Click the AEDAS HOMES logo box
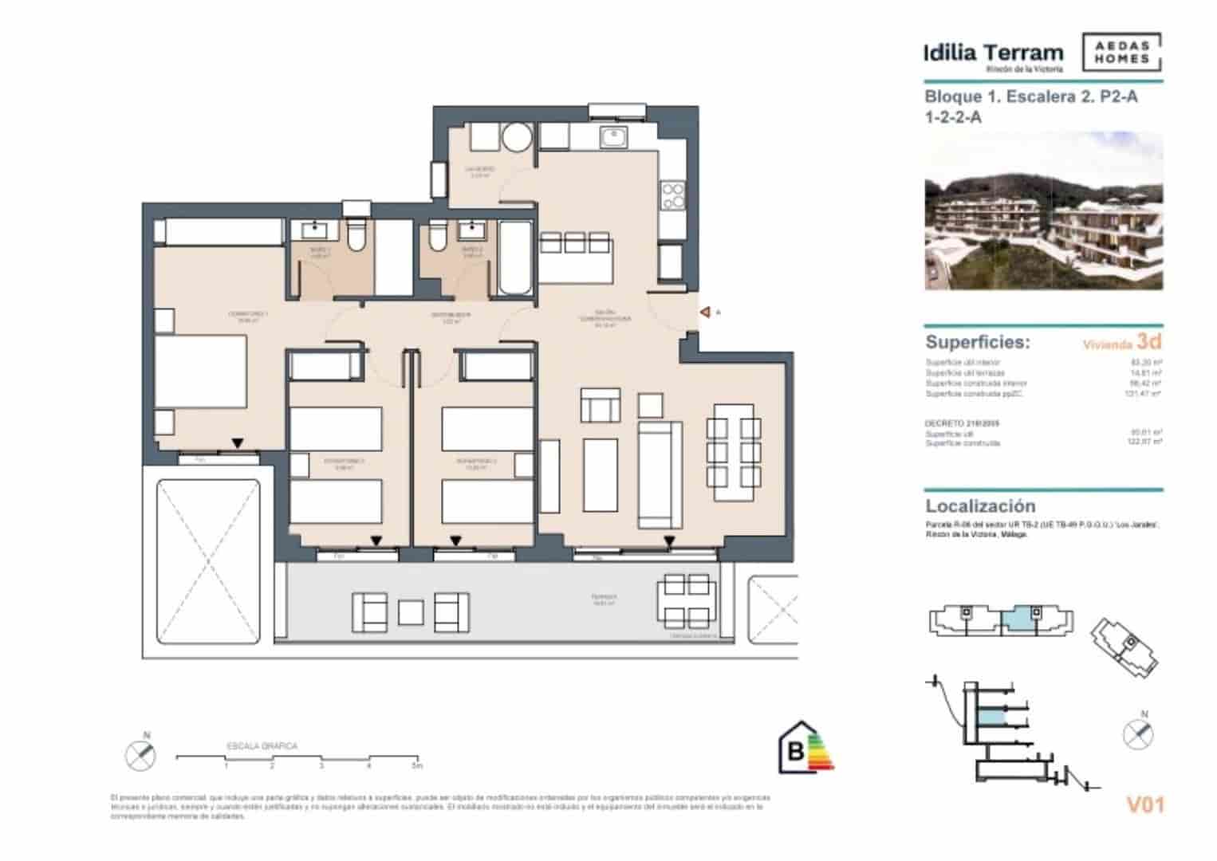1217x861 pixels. tap(1121, 53)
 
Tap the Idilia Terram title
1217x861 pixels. tap(993, 53)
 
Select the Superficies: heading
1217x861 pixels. tap(977, 343)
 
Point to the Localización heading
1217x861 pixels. tap(980, 506)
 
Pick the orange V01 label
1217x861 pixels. tap(1144, 805)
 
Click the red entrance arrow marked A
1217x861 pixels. tap(705, 313)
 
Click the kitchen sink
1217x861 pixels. tap(612, 137)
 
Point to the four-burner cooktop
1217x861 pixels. tap(672, 195)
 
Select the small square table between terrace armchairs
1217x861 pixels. tap(410, 611)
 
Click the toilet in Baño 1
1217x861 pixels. tap(356, 235)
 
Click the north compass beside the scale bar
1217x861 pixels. tap(141, 753)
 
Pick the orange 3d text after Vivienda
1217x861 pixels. tap(1148, 342)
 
